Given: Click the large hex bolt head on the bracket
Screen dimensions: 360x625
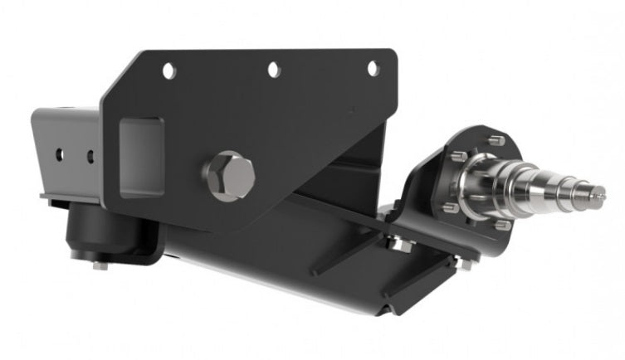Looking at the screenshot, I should [x=228, y=173].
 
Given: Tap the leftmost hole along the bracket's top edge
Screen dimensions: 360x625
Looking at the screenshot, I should [x=168, y=71].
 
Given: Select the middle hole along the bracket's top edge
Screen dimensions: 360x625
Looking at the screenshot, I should [x=273, y=71].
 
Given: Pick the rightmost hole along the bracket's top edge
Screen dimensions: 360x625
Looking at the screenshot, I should [x=373, y=68].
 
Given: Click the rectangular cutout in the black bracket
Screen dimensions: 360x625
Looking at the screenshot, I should [x=140, y=156].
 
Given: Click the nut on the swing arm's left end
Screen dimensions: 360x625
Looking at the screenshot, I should [x=398, y=244].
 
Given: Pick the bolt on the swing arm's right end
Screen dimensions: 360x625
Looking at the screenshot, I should [x=466, y=264].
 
